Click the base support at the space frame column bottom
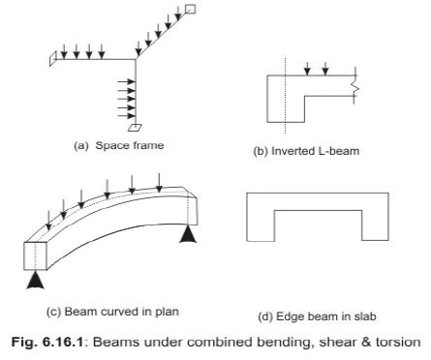[x=136, y=127]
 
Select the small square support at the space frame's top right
[x=189, y=9]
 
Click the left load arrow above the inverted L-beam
[x=306, y=69]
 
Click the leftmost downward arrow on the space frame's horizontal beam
[x=63, y=50]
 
